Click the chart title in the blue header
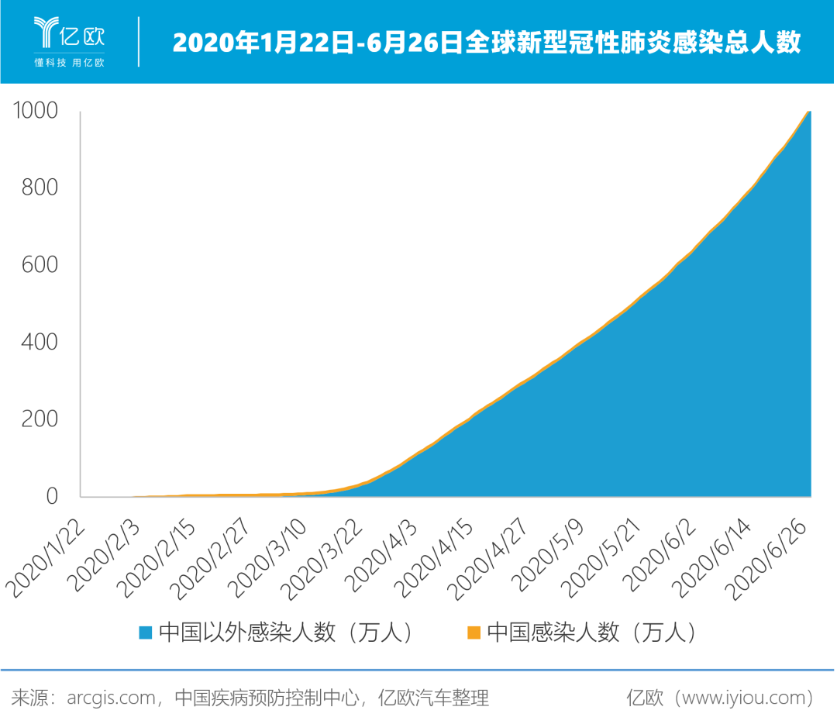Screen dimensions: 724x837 pyautogui.click(x=486, y=43)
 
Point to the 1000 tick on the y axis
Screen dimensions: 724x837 pyautogui.click(x=36, y=111)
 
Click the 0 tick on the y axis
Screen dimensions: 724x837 pyautogui.click(x=52, y=495)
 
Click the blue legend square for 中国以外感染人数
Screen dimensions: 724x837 pyautogui.click(x=146, y=633)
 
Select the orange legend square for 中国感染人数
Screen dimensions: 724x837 pyautogui.click(x=474, y=633)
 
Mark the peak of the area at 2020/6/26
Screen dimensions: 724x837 pyautogui.click(x=809, y=112)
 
